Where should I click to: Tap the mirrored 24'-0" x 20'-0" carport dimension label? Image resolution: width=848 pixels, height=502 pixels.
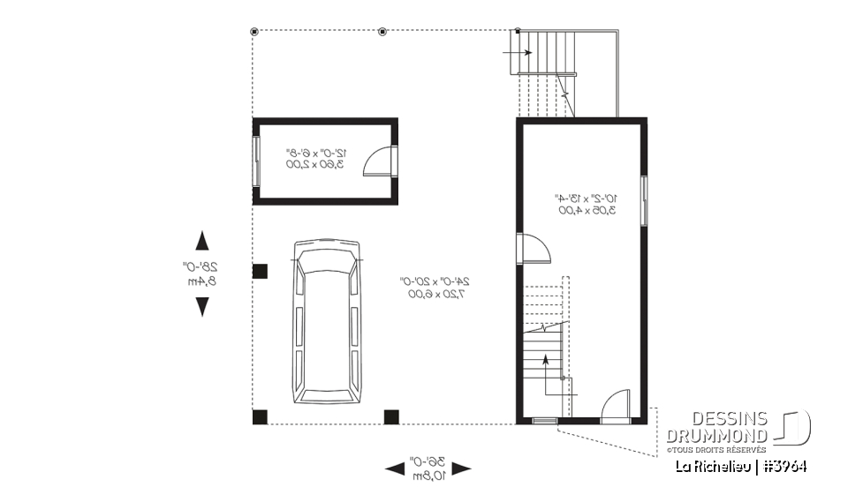tap(435, 288)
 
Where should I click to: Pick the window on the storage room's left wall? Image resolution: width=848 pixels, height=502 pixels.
tap(257, 161)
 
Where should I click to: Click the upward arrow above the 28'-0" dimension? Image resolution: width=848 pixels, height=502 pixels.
tap(202, 241)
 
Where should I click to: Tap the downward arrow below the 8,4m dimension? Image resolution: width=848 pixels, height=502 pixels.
tap(202, 306)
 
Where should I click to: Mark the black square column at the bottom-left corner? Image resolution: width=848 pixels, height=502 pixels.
tap(260, 416)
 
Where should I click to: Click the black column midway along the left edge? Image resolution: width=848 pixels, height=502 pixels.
tap(260, 271)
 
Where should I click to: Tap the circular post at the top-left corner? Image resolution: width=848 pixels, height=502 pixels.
tap(254, 32)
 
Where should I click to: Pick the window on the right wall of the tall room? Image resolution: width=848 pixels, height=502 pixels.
tap(645, 200)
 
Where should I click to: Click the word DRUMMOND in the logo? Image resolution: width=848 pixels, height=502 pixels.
tap(717, 437)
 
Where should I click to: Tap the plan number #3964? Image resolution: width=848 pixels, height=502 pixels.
tap(785, 466)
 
